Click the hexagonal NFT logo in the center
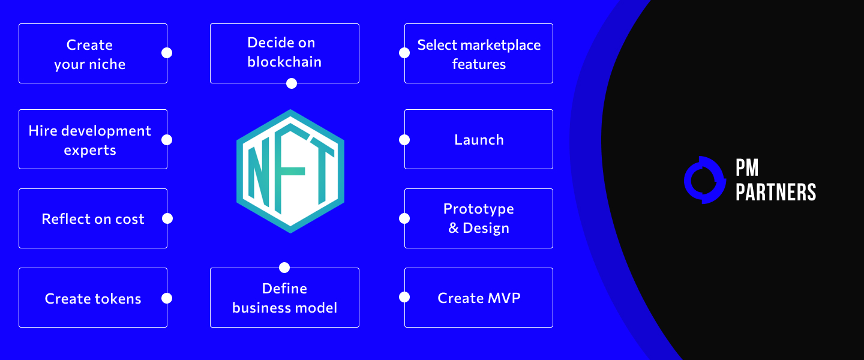pos(290,172)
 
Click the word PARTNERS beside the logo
pos(776,192)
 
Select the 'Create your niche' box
pos(93,53)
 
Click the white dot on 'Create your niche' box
pos(167,53)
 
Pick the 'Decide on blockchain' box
pos(284,53)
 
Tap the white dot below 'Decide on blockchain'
pos(292,83)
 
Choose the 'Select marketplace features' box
pos(479,53)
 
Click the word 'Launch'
pos(479,140)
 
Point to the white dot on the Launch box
pos(404,140)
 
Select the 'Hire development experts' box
pos(93,139)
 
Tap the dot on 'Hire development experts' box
pos(167,140)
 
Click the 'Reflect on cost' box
pos(93,218)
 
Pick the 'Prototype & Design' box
pos(479,218)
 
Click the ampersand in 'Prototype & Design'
pos(454,228)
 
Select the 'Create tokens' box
pos(93,298)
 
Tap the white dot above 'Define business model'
pos(284,268)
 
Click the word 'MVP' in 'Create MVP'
pos(504,298)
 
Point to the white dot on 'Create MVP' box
pos(404,297)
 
